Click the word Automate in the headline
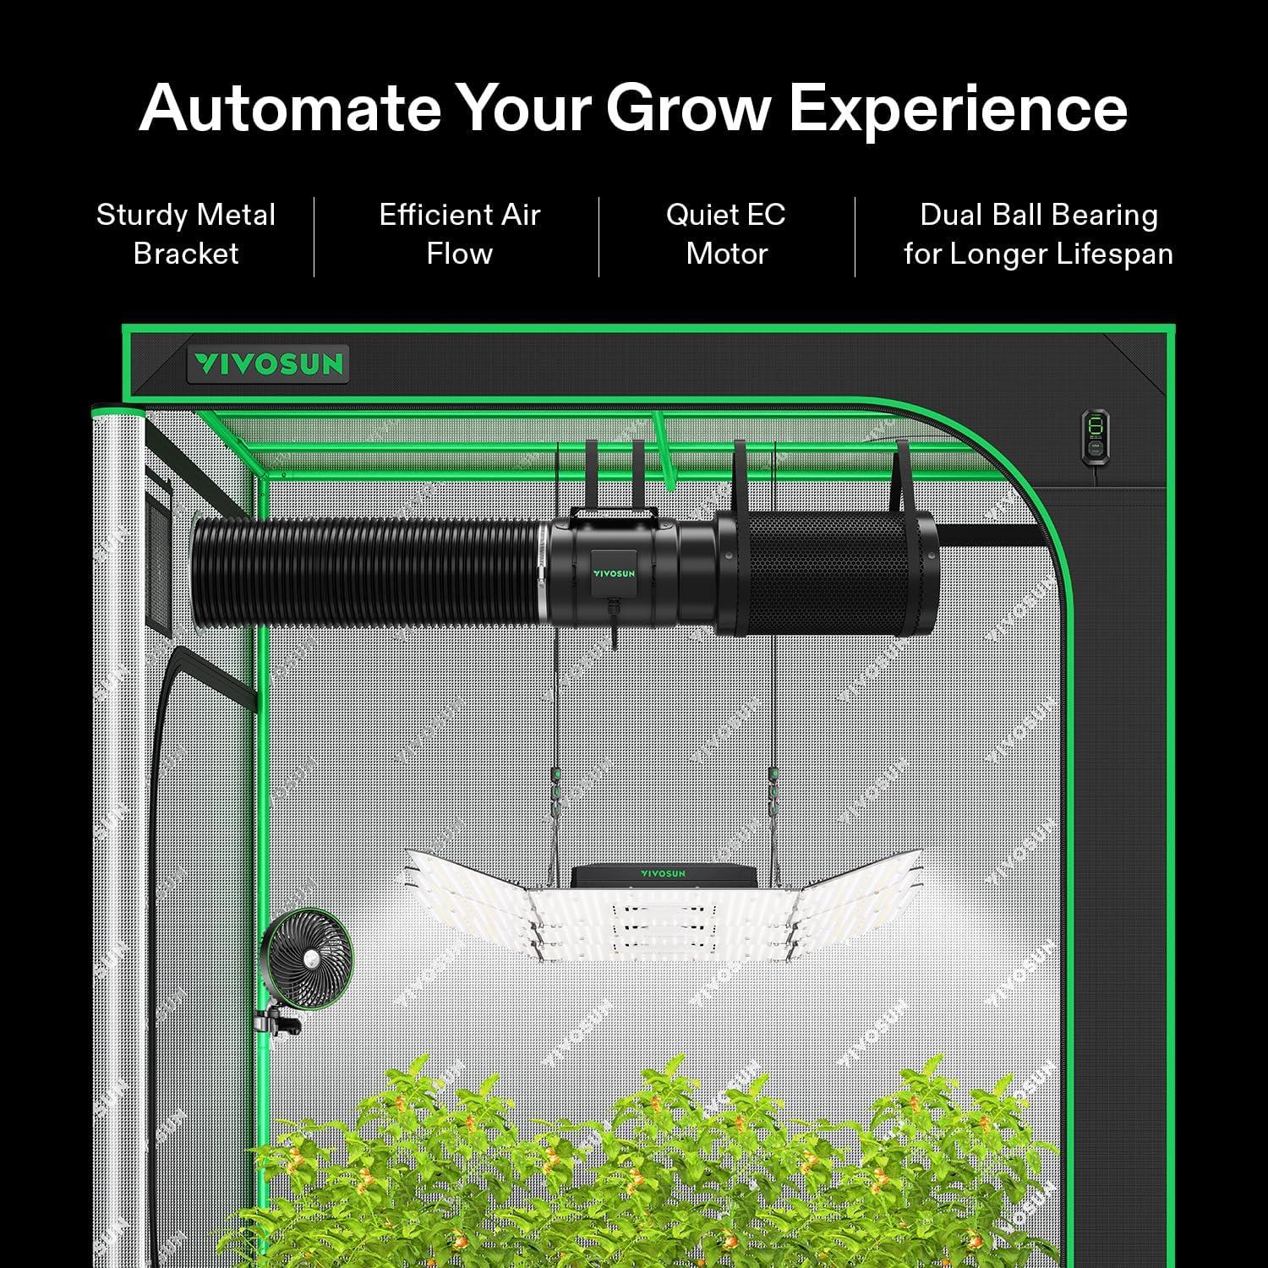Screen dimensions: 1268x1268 pos(289,108)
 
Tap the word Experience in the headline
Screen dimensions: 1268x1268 pos(958,108)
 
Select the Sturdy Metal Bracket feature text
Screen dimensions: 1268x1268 pos(186,234)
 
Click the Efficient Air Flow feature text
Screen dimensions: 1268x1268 pos(459,234)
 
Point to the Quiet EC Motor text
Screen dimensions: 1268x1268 pos(726,234)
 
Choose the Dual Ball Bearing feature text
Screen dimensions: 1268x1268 pos(1038,216)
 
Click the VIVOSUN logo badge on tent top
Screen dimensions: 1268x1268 pos(268,364)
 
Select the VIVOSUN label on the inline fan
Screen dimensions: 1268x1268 pos(613,572)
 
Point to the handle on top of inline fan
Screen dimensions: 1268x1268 pos(613,513)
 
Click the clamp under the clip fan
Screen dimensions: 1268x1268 pos(281,1022)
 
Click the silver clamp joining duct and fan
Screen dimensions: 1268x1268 pos(542,575)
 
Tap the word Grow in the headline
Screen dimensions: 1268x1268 pos(687,108)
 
